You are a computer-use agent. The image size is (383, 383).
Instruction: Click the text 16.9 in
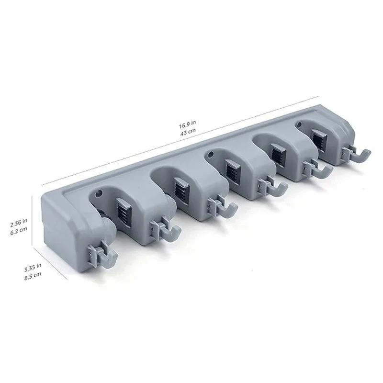[187, 125]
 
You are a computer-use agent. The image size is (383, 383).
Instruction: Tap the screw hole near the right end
[300, 125]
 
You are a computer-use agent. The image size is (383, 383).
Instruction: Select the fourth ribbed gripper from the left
[276, 153]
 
